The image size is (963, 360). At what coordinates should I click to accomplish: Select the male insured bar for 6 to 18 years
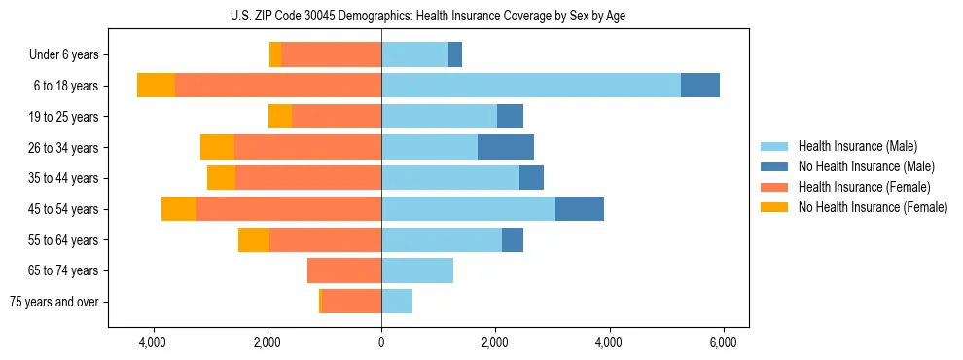pyautogui.click(x=531, y=86)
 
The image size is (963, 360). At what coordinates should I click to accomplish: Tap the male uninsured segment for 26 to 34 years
pyautogui.click(x=506, y=147)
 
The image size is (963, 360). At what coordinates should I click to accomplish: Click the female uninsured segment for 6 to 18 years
pyautogui.click(x=156, y=86)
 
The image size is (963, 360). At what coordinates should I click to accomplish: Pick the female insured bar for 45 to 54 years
pyautogui.click(x=289, y=208)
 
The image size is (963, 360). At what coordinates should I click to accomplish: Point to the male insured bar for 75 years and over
pyautogui.click(x=397, y=301)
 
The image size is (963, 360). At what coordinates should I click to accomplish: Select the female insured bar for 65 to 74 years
pyautogui.click(x=344, y=270)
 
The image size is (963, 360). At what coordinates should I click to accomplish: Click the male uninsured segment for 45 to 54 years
pyautogui.click(x=580, y=208)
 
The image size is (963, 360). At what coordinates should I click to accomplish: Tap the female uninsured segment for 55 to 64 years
pyautogui.click(x=254, y=239)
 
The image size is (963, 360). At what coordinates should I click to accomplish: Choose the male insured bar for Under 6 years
pyautogui.click(x=414, y=54)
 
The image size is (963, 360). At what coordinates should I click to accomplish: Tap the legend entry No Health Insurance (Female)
pyautogui.click(x=873, y=207)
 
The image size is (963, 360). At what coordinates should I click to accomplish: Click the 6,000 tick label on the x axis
pyautogui.click(x=723, y=342)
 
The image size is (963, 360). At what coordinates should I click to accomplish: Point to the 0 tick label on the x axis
pyautogui.click(x=381, y=342)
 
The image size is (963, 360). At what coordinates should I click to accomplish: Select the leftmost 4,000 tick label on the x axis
pyautogui.click(x=154, y=342)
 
